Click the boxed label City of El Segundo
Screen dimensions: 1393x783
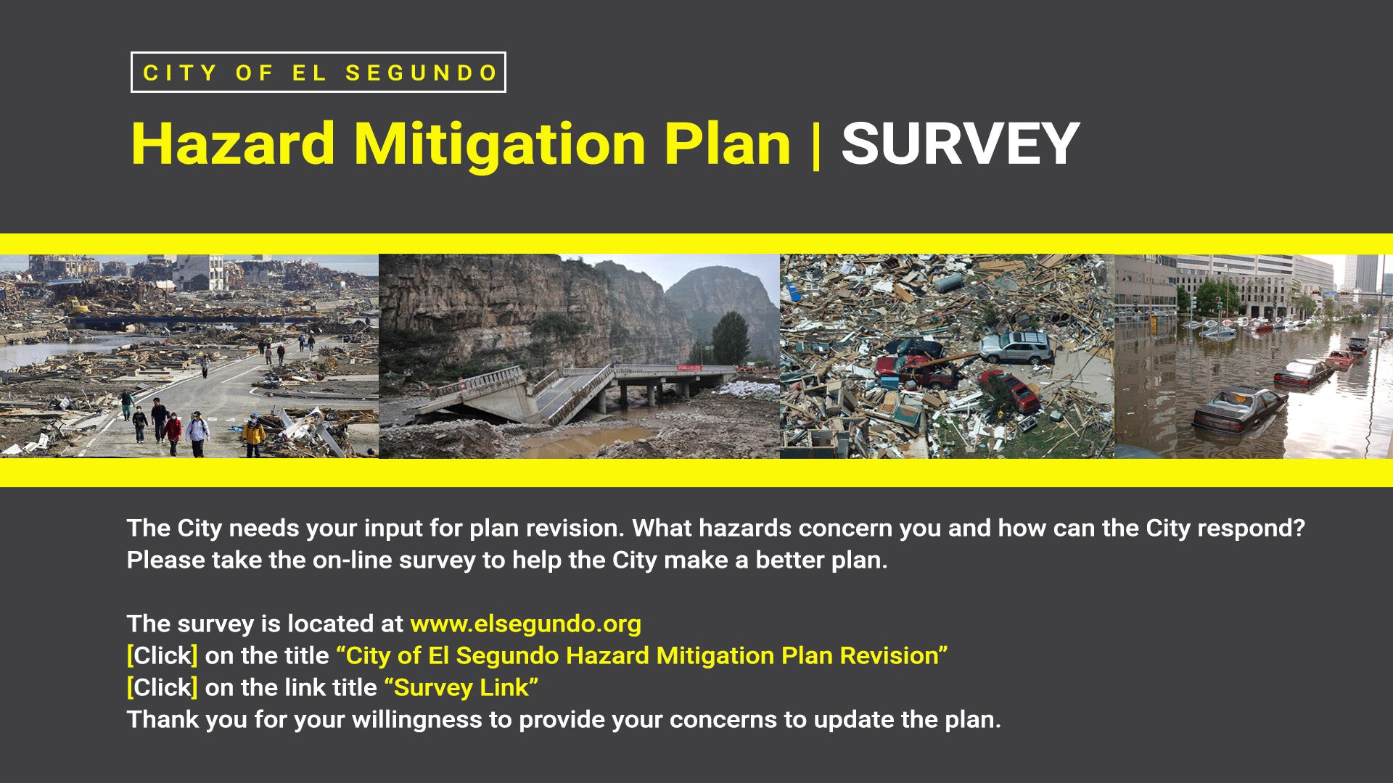tap(319, 72)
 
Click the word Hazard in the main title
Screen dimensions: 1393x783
tap(233, 144)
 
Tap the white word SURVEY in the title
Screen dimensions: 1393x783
tap(961, 144)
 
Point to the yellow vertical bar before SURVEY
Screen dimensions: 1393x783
tap(816, 145)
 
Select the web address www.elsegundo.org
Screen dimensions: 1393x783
tap(525, 624)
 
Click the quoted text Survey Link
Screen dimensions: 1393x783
tap(461, 687)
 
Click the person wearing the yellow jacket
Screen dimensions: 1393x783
tap(253, 436)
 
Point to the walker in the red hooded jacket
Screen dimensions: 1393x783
tap(173, 434)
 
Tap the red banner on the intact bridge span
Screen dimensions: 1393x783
tap(689, 368)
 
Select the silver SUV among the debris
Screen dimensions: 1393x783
tap(1016, 347)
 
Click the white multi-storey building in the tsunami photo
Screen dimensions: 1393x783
tap(198, 272)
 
